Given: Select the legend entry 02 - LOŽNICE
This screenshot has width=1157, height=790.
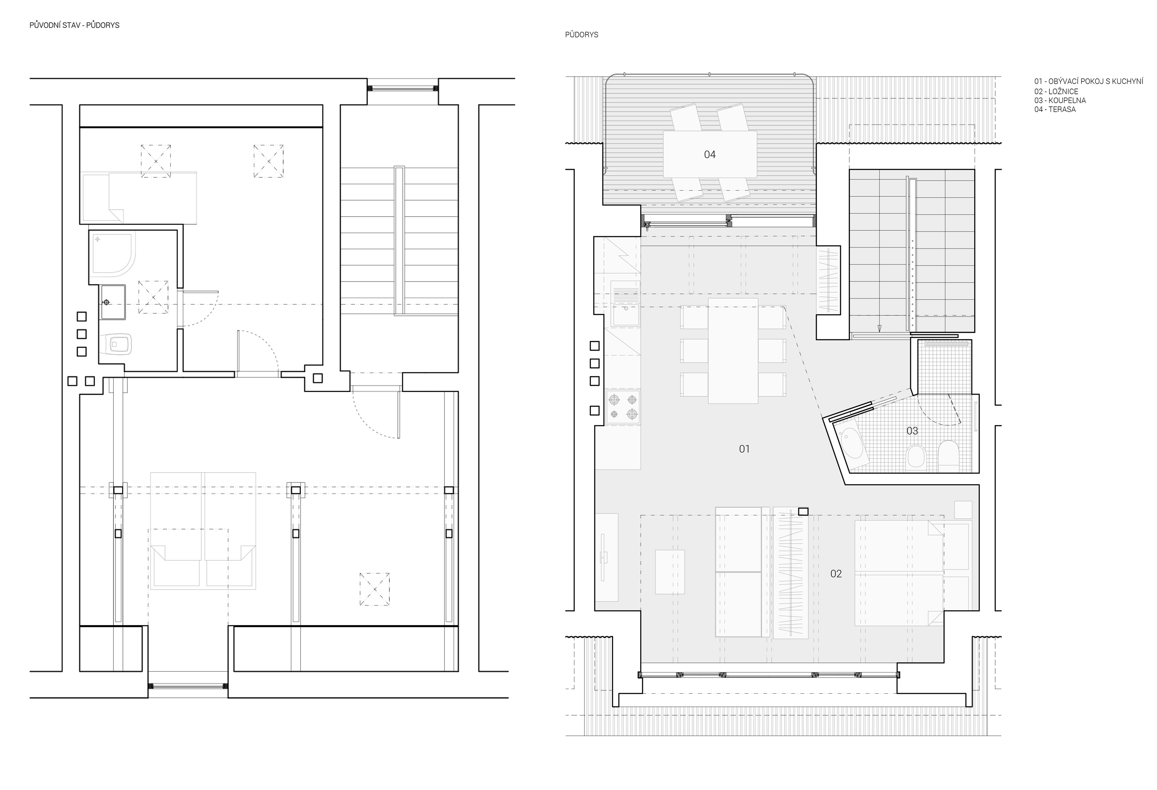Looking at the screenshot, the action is coord(1056,92).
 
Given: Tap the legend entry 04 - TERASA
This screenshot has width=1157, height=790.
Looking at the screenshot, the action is coord(1055,110).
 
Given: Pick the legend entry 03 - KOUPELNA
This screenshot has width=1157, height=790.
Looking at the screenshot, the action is coord(1060,100).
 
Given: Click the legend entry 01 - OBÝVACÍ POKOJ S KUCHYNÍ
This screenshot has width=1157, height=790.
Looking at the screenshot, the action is coord(1089,81).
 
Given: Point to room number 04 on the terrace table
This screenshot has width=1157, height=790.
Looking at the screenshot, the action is coord(710,155).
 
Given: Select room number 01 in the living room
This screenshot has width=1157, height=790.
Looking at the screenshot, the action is coord(744,449).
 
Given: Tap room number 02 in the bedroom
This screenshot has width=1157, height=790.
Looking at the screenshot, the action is coord(836,574).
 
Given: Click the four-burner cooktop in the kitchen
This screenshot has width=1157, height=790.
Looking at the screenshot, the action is coord(623,407).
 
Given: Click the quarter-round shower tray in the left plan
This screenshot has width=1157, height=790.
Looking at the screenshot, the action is coord(113,253).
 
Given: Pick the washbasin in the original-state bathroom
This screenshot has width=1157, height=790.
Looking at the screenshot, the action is coord(113,302).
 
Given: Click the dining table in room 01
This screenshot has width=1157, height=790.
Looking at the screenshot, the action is coord(733,351).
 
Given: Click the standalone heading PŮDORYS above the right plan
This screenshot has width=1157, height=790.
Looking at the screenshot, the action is coord(581,35).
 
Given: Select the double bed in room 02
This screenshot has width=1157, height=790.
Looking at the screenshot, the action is coord(899,573).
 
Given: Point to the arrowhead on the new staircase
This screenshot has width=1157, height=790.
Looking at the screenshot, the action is coord(879,329).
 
